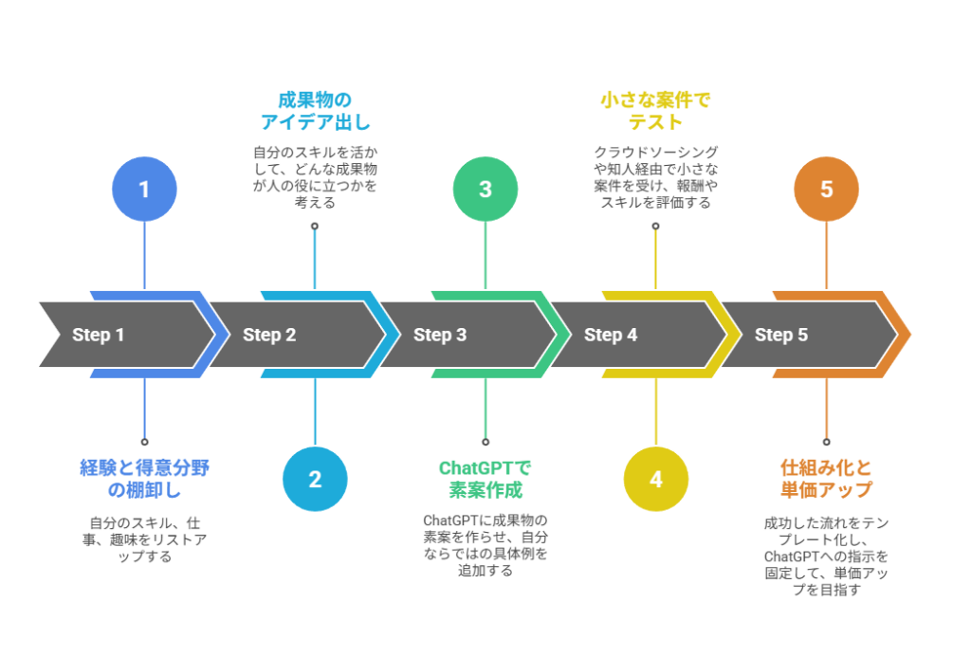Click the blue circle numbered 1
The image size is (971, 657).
pos(144,190)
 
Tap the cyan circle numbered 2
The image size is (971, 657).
pos(315,479)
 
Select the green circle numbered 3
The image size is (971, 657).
pos(485,190)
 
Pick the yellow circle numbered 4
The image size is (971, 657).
pos(656,479)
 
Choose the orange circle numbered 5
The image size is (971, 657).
pos(826,190)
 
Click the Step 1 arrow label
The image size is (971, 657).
pos(99,335)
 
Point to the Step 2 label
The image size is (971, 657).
pos(269,335)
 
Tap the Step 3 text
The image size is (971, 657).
pos(440,335)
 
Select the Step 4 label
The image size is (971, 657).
pos(611,335)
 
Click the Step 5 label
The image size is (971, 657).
pos(781,335)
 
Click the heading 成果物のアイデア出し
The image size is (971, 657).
pos(315,111)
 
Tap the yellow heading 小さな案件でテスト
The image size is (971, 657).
pos(656,111)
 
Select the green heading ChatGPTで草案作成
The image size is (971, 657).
pos(485,479)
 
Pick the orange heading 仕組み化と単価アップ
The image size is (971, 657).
pos(826,479)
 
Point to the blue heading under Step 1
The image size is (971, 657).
pos(144,479)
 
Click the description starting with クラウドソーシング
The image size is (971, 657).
pos(656,176)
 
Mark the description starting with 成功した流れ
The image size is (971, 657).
pos(826,556)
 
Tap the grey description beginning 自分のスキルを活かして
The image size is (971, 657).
pos(315,176)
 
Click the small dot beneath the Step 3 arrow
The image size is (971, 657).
pos(485,442)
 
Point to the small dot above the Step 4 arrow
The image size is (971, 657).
pos(656,226)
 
